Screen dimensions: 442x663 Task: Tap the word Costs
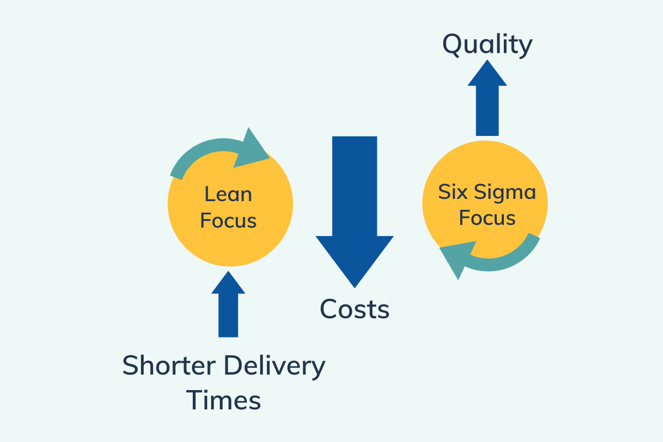pos(355,309)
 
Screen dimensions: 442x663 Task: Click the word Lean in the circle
pos(228,194)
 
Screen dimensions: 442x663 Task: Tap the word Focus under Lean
pos(228,220)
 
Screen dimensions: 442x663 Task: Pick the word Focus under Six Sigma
pos(487,218)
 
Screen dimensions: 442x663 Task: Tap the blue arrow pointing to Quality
pos(487,99)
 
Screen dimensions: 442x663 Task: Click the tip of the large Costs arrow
pos(354,285)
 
